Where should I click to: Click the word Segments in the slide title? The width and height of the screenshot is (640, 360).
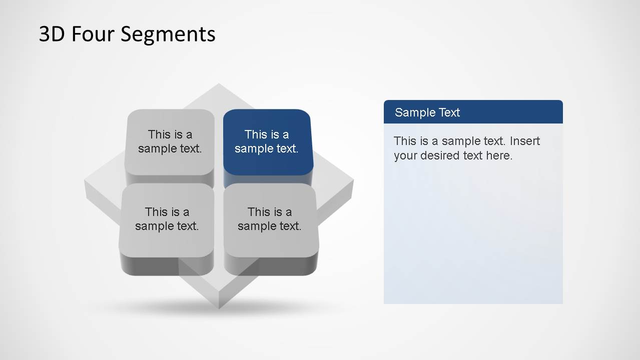(168, 34)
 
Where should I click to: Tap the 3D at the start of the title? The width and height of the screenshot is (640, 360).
(52, 34)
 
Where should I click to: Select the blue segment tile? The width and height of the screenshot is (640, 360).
(267, 141)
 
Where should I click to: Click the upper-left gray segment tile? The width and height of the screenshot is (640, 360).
(170, 141)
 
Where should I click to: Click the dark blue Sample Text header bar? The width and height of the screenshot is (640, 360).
(473, 112)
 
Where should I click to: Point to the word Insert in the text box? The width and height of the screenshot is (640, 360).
(525, 141)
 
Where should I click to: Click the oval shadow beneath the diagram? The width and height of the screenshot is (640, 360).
(219, 308)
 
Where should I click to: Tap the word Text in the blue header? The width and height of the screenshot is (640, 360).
(450, 112)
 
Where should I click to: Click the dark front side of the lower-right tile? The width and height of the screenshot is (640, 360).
(270, 265)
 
